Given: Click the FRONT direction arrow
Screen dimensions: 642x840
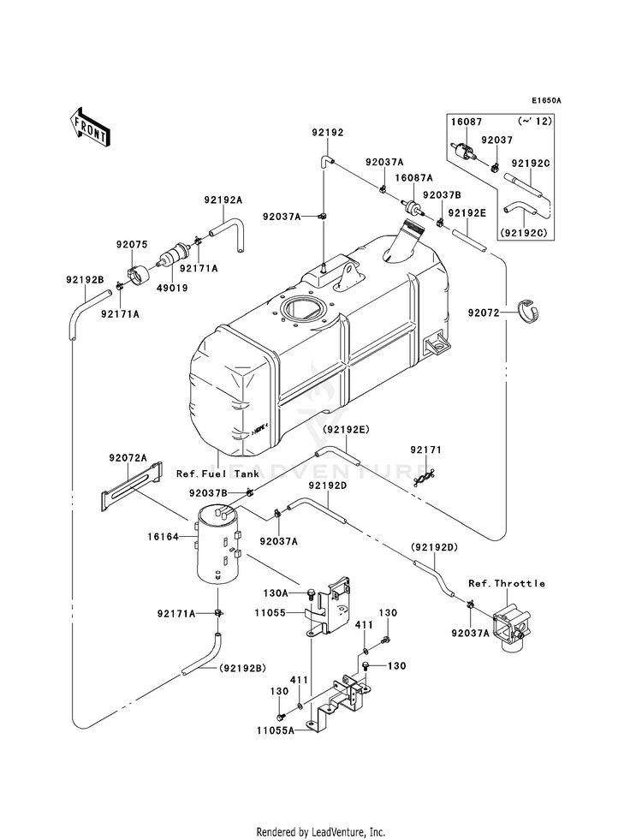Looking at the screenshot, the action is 90,127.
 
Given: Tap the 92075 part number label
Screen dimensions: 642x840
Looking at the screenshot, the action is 132,244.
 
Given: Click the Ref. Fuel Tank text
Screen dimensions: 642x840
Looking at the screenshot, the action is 218,474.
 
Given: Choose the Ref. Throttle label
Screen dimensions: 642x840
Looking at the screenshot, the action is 507,583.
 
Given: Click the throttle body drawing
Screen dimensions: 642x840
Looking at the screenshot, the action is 513,628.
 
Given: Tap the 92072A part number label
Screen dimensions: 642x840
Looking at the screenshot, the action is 128,458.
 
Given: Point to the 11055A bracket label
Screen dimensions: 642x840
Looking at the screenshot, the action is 276,730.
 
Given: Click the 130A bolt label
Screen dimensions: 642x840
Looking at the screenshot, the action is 276,593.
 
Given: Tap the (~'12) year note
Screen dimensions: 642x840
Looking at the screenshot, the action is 536,122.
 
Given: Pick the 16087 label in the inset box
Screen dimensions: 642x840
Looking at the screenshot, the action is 466,122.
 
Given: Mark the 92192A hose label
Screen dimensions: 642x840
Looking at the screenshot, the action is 223,200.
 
